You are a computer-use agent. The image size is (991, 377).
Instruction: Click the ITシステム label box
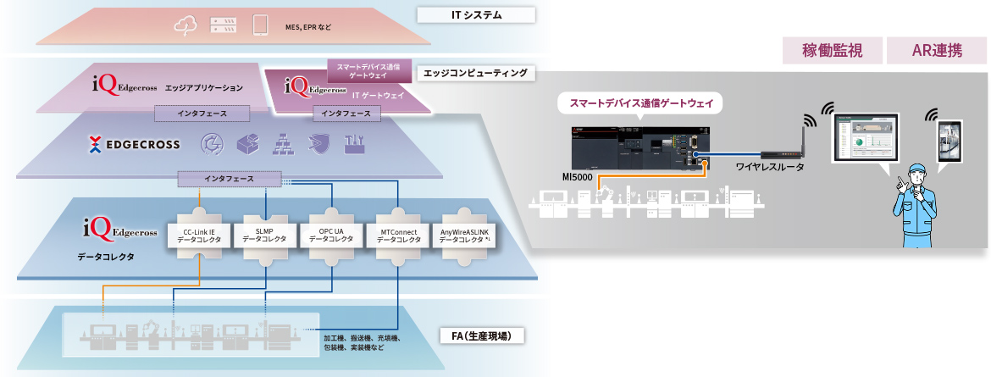(x=475, y=14)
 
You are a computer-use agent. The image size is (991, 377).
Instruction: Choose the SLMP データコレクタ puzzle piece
(x=264, y=235)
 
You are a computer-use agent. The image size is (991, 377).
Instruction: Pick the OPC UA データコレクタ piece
(x=330, y=235)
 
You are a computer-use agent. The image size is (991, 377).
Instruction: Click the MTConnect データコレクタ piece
(x=398, y=235)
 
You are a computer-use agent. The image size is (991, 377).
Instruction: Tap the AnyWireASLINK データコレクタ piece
(x=465, y=235)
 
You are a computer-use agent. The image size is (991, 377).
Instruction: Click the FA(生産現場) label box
(x=480, y=336)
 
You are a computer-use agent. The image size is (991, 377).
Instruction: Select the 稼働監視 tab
(x=832, y=51)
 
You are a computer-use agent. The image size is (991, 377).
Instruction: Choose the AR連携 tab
(x=936, y=51)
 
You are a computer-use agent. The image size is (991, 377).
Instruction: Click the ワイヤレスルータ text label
(x=769, y=167)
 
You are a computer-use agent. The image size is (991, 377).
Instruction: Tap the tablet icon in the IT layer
(x=260, y=26)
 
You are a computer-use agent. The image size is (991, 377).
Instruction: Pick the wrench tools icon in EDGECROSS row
(x=355, y=145)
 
